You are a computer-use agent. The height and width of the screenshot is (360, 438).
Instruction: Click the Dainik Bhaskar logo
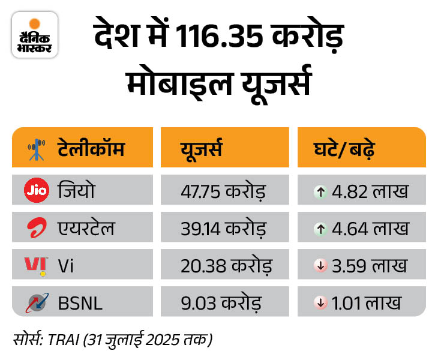point(35,35)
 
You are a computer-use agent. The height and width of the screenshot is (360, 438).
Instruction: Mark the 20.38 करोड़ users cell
point(226,265)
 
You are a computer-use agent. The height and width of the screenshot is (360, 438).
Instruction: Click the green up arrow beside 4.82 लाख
point(322,192)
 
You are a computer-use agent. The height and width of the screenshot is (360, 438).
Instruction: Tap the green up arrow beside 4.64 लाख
point(322,229)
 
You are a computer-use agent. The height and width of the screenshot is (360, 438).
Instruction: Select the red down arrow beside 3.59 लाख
point(322,266)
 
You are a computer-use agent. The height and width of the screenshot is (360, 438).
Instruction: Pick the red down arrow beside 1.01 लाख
point(322,303)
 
